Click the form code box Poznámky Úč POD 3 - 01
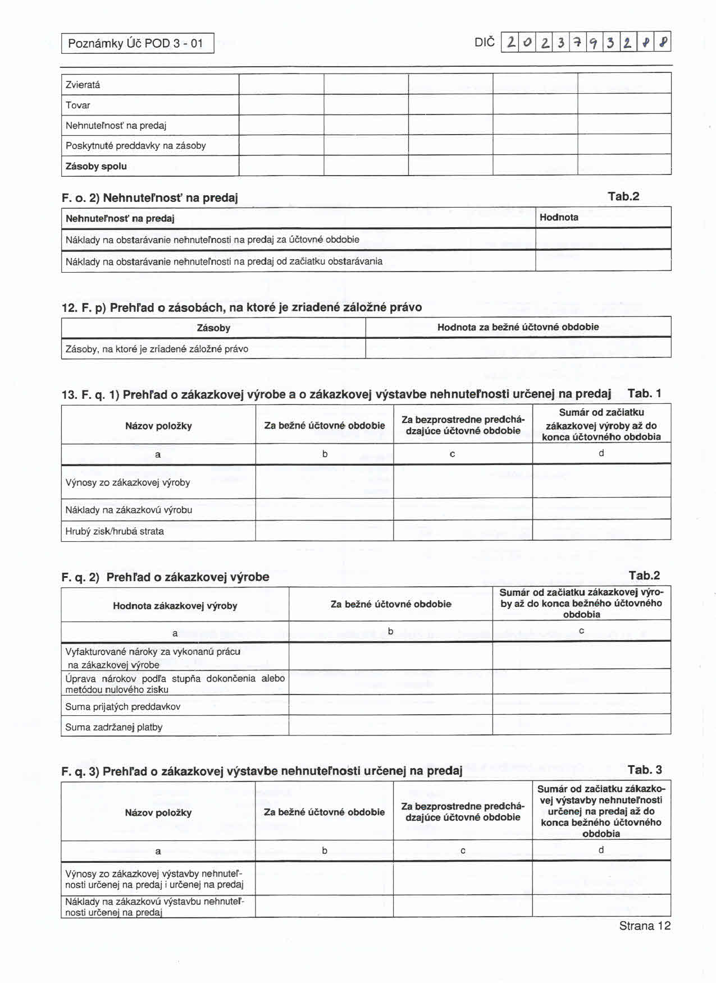[138, 43]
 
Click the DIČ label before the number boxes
[485, 43]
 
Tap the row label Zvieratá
[83, 85]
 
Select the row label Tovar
[78, 105]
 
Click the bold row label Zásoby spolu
[96, 166]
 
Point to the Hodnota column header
[559, 217]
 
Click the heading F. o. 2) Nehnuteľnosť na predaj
[150, 197]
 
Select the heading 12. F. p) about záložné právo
[241, 307]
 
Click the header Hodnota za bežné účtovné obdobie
[518, 327]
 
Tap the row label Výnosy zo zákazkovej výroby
[127, 482]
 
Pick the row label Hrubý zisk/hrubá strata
[115, 531]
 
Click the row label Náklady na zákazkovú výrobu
[129, 510]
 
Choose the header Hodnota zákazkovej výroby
[175, 606]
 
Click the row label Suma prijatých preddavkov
[123, 707]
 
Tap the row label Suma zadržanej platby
[114, 727]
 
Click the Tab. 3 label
[645, 770]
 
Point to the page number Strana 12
[645, 926]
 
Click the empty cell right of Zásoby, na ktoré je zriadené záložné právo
[518, 348]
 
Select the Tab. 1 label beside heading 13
[645, 393]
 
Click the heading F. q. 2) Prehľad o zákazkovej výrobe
[165, 577]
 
